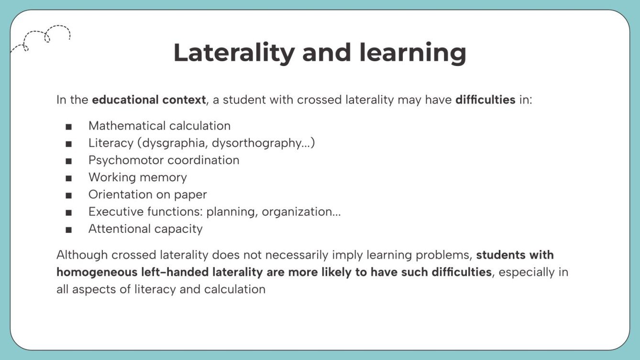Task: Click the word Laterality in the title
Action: click(x=234, y=53)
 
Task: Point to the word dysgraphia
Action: click(x=171, y=143)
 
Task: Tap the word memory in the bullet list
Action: click(x=167, y=177)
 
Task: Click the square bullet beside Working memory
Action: click(x=69, y=178)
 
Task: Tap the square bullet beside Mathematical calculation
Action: click(x=69, y=126)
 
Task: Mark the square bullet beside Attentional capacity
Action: click(x=69, y=229)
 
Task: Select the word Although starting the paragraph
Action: click(x=79, y=255)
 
